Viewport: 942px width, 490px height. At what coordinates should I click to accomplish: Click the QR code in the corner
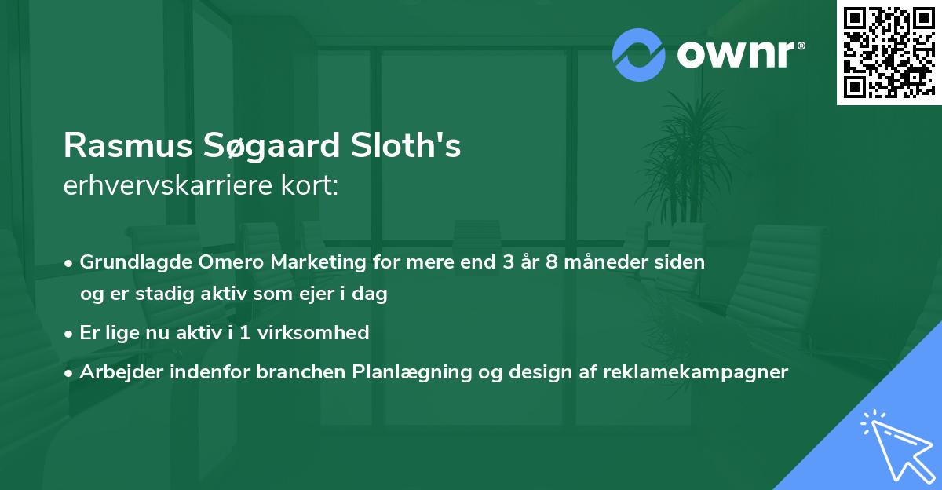point(888,53)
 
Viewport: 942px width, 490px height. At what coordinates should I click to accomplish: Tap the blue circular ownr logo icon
point(638,55)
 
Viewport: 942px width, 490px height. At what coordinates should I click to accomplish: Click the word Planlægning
point(411,371)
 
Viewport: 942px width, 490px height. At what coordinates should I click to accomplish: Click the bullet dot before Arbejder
point(70,372)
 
